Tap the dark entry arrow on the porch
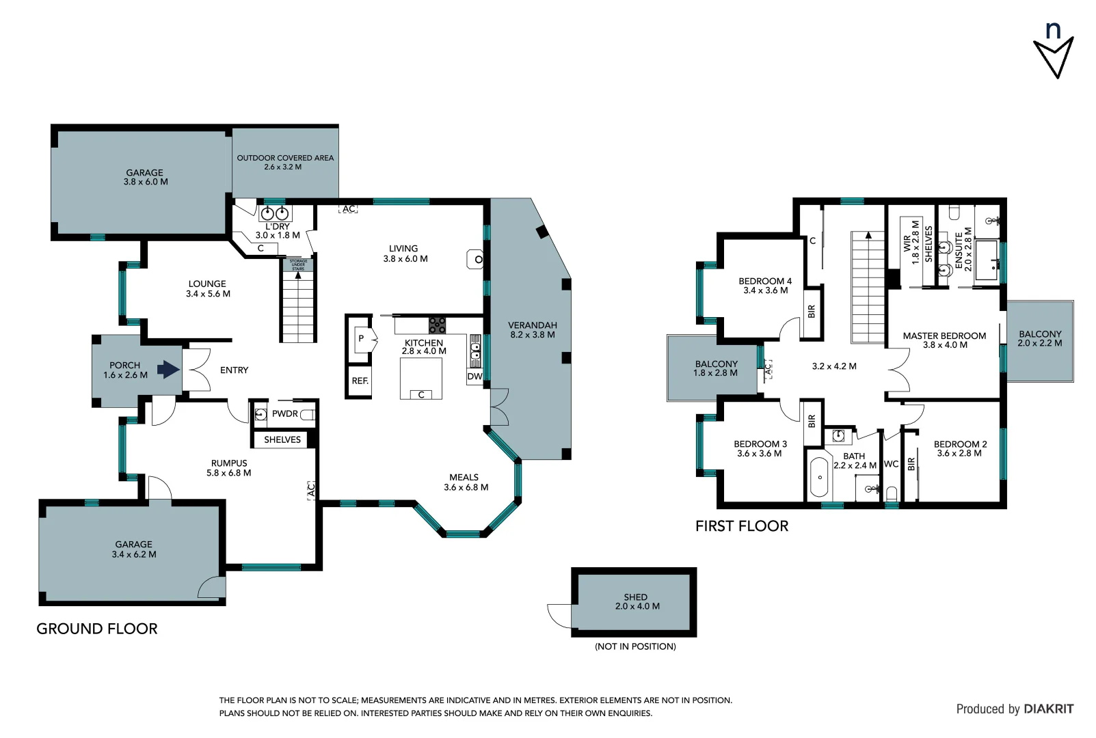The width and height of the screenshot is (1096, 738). (168, 370)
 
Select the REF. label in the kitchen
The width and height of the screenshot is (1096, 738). (360, 381)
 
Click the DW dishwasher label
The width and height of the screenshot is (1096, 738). (475, 377)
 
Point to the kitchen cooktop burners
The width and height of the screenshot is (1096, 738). (437, 325)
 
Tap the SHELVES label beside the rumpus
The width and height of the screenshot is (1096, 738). (282, 439)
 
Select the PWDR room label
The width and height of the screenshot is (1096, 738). (284, 413)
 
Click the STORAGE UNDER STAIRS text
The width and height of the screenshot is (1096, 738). (298, 265)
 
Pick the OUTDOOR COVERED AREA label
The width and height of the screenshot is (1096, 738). (285, 158)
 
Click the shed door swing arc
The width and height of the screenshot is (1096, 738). (559, 615)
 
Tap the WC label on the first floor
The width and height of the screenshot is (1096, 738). (891, 464)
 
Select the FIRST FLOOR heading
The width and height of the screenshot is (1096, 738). (741, 525)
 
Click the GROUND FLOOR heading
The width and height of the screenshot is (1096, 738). (96, 629)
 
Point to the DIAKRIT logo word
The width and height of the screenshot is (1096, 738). (1048, 709)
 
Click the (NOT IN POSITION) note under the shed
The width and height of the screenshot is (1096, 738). (635, 646)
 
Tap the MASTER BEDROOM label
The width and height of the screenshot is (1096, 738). (944, 336)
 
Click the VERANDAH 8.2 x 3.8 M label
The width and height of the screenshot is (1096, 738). (532, 330)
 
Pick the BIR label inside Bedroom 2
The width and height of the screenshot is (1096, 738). (911, 464)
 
